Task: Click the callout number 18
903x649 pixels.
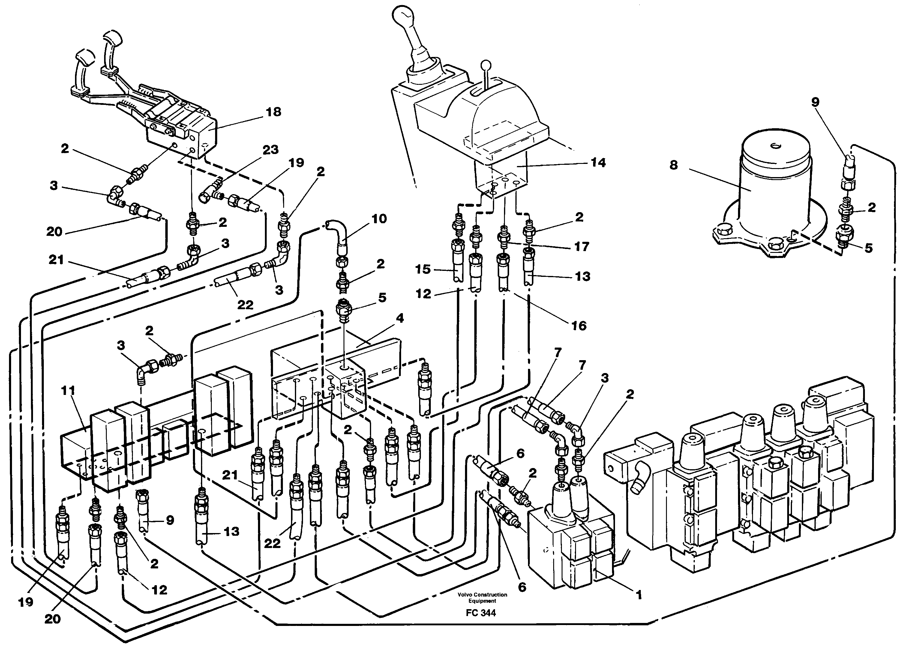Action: click(x=274, y=112)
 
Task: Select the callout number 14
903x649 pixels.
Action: click(x=598, y=163)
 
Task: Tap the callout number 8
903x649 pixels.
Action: click(x=673, y=164)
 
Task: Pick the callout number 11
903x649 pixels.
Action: click(x=68, y=391)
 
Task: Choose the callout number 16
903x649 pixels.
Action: click(x=579, y=326)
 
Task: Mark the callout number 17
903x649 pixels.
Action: click(x=581, y=247)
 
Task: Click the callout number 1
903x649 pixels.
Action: click(x=639, y=595)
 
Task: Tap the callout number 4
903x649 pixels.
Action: click(x=399, y=318)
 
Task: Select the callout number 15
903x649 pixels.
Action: click(x=423, y=269)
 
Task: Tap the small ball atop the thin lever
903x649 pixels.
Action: click(x=486, y=65)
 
